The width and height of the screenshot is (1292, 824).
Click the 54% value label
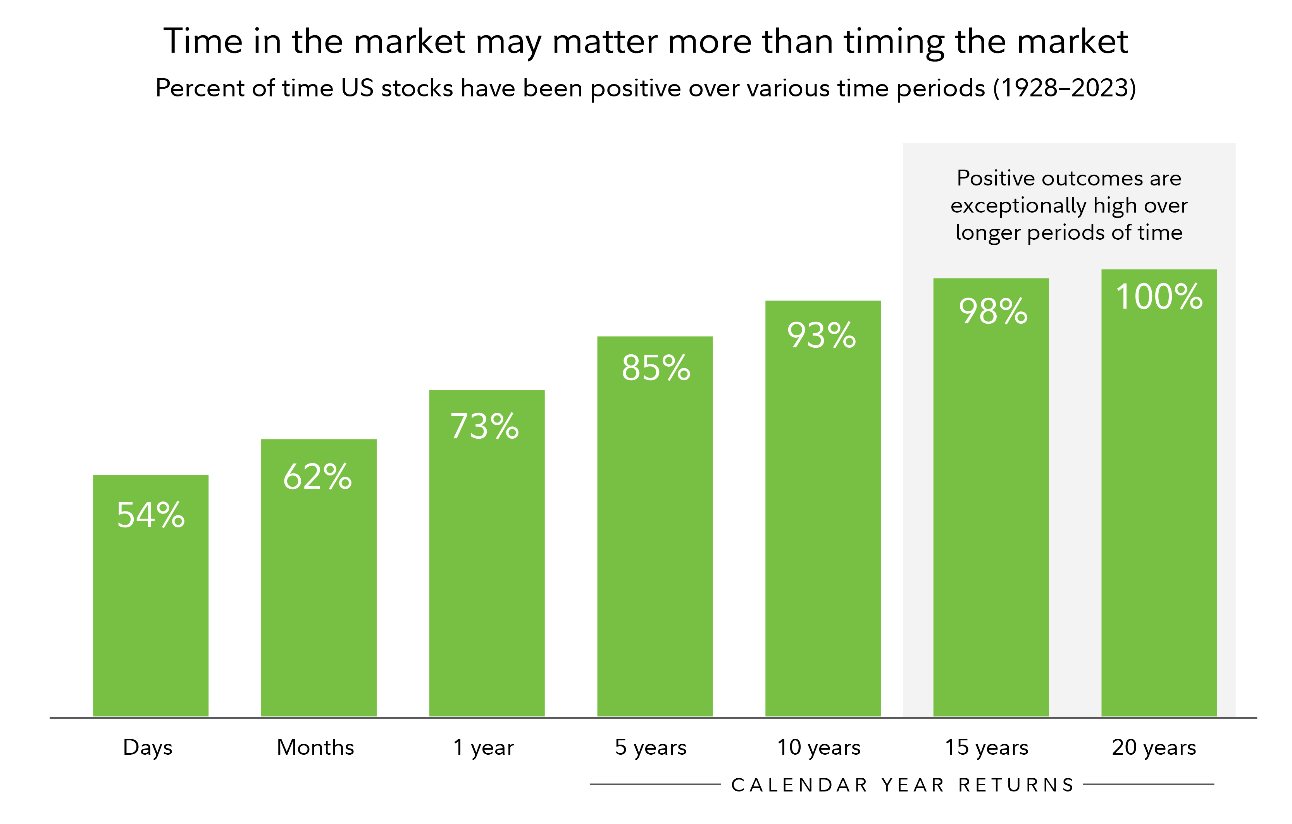151,515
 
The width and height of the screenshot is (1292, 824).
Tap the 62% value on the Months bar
318,477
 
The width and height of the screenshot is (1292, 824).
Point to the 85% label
656,368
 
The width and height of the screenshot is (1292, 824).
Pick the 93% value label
822,336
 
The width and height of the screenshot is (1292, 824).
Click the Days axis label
148,748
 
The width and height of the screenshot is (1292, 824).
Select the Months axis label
315,747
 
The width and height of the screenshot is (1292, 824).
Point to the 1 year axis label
483,747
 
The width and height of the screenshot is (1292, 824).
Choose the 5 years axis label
650,747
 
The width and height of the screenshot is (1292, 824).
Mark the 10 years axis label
819,747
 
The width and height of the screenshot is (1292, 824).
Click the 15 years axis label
986,747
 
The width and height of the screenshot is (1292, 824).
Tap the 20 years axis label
1154,747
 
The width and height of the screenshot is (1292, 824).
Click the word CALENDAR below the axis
799,785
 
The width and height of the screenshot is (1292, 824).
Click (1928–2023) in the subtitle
1065,88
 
